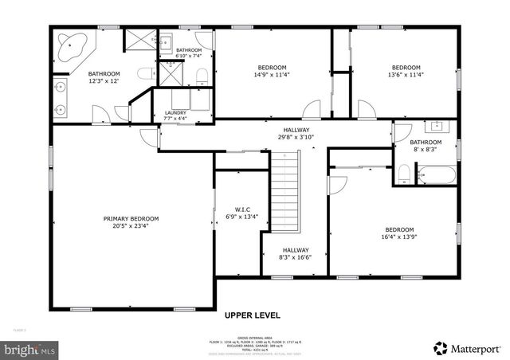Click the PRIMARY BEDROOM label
(x=131, y=218)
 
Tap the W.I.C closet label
(x=241, y=208)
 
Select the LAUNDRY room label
(x=175, y=113)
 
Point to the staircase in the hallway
(x=285, y=192)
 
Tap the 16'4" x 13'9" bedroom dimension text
(x=399, y=237)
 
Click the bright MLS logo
(x=29, y=349)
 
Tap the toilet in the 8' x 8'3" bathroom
(x=404, y=174)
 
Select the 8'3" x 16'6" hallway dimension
(x=296, y=257)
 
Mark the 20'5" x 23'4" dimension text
(x=131, y=225)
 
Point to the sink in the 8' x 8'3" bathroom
(x=436, y=126)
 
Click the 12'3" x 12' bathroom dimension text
(x=104, y=81)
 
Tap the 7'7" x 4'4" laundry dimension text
(x=175, y=119)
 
